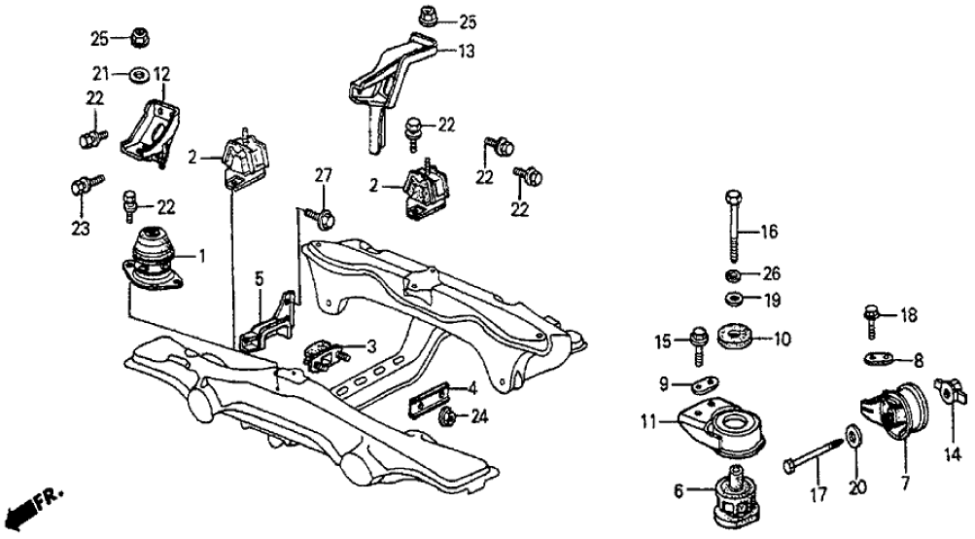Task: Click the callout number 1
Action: point(201,257)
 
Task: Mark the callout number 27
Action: point(324,175)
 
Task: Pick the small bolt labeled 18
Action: point(872,317)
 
